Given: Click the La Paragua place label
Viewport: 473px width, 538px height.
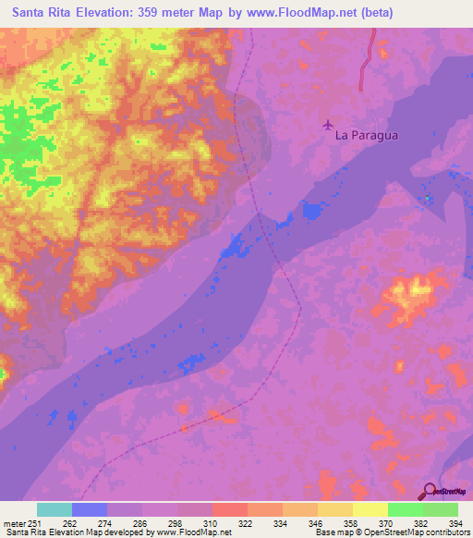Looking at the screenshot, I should pyautogui.click(x=367, y=135).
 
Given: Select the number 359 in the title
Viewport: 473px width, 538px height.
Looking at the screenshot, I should pyautogui.click(x=159, y=13).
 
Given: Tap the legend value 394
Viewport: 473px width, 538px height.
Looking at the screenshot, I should pyautogui.click(x=457, y=522).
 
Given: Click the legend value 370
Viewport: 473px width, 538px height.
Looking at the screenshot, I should pyautogui.click(x=387, y=522).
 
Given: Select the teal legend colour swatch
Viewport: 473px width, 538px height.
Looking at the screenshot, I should pyautogui.click(x=54, y=509).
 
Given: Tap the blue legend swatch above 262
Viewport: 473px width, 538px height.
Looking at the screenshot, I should pyautogui.click(x=89, y=509).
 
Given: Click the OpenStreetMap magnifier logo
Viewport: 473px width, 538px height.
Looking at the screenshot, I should pyautogui.click(x=431, y=492).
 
